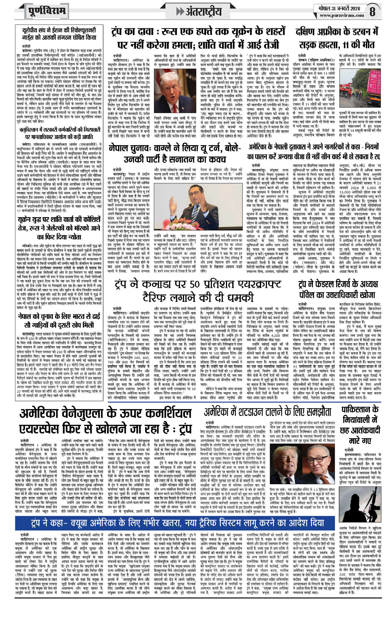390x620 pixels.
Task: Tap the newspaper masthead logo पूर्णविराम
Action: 47,11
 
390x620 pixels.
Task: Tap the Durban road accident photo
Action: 360,88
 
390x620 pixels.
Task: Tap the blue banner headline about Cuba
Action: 177,523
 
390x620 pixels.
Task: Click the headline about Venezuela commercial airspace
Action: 105,421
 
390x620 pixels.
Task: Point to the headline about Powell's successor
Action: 338,289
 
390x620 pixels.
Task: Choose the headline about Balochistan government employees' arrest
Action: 59,133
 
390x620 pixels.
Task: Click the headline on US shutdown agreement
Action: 267,412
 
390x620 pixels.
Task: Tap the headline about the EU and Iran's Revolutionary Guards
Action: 59,34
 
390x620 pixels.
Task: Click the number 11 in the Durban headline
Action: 347,45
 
